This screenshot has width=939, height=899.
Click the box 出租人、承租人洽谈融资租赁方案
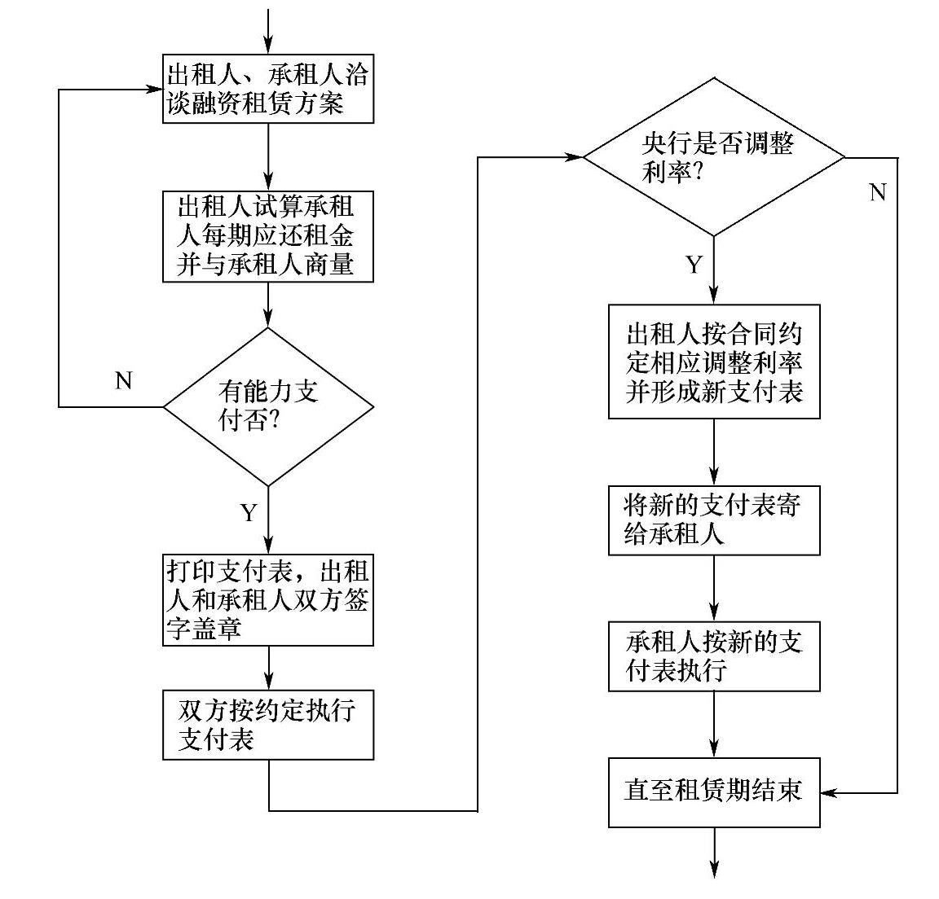268,90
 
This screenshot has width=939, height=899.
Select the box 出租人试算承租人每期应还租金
268,236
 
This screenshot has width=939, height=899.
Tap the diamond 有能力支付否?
268,406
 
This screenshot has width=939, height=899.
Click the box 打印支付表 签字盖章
268,599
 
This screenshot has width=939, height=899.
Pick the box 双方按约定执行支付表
268,725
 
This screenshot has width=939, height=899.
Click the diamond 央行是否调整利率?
715,156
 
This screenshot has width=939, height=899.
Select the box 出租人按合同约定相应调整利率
714,362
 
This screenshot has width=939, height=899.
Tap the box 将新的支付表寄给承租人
714,521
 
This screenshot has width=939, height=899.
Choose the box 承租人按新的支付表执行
714,656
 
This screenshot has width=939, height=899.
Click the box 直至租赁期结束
714,792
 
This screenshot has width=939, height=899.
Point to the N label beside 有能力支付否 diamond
124,380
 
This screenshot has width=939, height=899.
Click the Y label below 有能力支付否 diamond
249,513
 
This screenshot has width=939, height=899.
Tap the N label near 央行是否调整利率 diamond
877,193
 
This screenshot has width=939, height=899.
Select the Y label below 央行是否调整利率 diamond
694,265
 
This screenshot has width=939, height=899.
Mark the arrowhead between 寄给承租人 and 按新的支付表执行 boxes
715,614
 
